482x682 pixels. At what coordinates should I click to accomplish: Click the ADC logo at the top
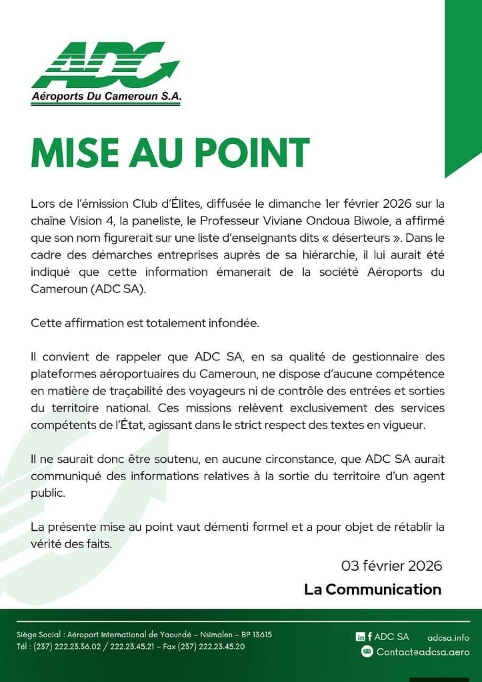105,67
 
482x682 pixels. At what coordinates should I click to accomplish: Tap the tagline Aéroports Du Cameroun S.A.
106,97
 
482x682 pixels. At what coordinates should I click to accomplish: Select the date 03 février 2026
391,566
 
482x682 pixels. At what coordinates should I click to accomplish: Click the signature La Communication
373,589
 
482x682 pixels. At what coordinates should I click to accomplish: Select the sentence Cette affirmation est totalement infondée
145,323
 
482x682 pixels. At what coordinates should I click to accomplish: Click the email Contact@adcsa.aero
423,652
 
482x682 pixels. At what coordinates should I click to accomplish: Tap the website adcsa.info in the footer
448,637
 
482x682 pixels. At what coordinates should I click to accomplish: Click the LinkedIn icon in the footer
360,637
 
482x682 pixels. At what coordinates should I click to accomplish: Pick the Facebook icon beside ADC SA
369,637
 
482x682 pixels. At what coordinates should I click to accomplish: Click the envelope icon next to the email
367,652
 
